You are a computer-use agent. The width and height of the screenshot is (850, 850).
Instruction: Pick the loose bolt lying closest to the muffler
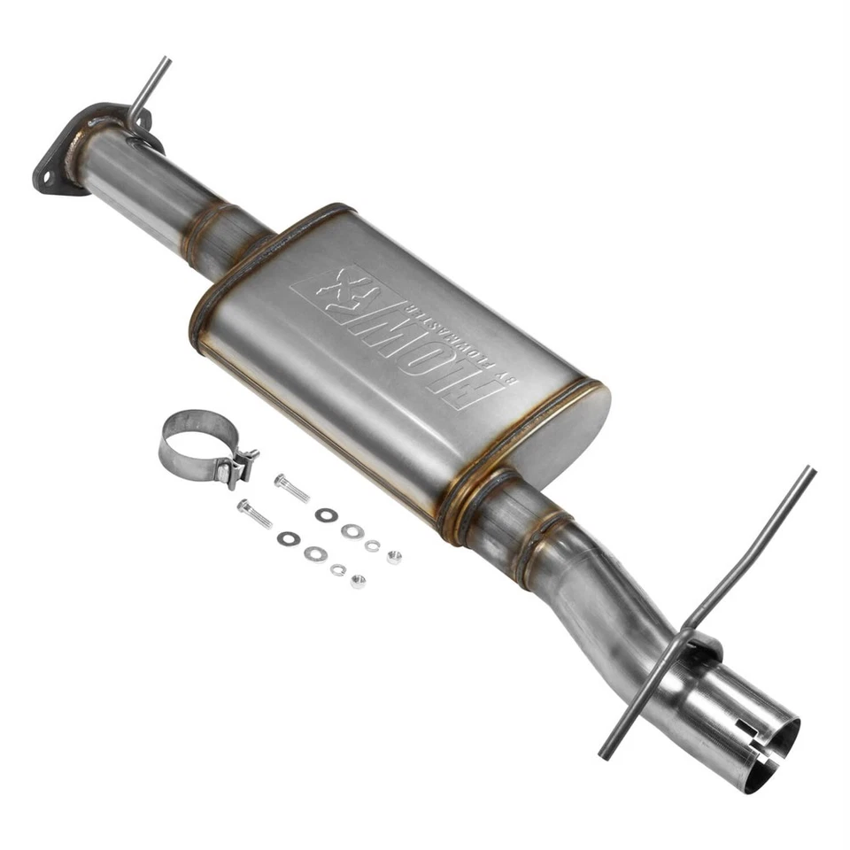(292, 488)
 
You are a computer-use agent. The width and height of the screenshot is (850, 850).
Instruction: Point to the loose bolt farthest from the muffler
(254, 514)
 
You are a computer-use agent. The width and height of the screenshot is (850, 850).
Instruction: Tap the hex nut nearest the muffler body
(394, 557)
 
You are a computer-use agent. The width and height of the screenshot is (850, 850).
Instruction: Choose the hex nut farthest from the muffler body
(358, 582)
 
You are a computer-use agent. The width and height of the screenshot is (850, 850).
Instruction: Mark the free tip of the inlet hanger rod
(165, 61)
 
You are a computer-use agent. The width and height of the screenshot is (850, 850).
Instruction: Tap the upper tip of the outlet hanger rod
(809, 471)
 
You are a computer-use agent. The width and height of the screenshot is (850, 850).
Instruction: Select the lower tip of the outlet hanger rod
(604, 754)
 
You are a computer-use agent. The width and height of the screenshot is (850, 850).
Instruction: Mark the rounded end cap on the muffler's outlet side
(576, 434)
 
